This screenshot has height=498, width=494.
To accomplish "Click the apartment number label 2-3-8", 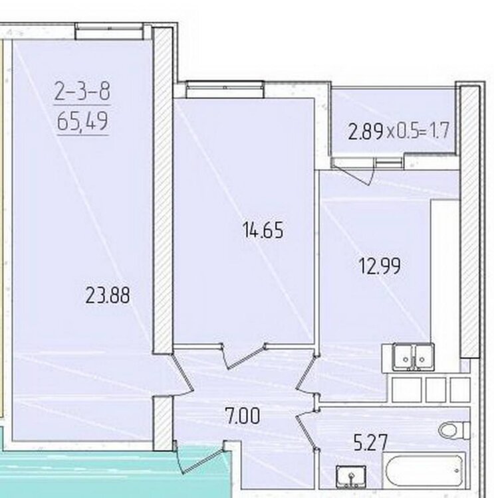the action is point(82,90).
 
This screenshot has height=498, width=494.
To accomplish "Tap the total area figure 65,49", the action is point(82,121).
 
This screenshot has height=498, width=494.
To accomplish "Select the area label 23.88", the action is point(108,295).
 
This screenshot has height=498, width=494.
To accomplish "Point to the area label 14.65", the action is point(263,230).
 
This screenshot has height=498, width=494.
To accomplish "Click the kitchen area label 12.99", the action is point(379,266).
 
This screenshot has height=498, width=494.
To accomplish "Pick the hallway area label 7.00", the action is point(242,416).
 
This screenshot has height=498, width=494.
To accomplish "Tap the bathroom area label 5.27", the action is point(371,442).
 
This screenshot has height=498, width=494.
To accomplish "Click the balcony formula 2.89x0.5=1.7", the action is point(398,131).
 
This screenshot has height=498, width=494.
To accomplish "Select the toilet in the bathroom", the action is point(454,431).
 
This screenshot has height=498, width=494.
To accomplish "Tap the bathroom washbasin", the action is point(351,477).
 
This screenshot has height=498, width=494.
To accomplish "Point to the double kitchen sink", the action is point(413,357).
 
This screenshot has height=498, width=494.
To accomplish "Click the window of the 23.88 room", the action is point(108,31).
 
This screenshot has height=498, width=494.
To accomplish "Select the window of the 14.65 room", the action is point(225,89).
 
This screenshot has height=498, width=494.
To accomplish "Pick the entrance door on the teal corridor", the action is point(201,457).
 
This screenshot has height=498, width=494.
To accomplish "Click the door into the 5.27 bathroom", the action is point(307,430).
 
